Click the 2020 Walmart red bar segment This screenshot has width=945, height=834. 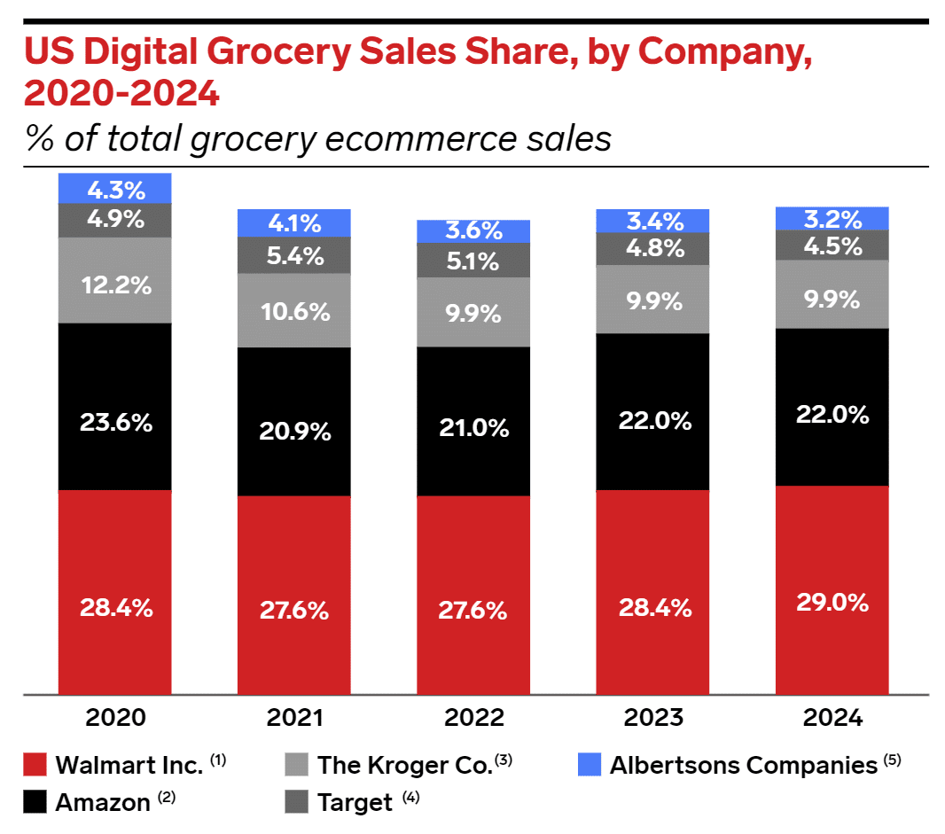point(114,591)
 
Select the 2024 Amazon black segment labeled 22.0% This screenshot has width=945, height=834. point(832,407)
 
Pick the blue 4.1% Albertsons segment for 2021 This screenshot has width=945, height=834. point(293,223)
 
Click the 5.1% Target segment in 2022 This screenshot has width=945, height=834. point(473,261)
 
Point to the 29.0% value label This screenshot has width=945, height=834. point(832,603)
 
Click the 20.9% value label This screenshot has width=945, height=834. point(293,432)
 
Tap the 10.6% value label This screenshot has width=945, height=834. point(293,311)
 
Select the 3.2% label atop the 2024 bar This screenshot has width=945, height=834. point(832,219)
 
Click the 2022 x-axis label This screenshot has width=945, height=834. point(473,718)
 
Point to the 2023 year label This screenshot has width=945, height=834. point(652,718)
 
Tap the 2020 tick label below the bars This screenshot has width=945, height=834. point(114,718)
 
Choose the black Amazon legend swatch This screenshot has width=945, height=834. point(35,802)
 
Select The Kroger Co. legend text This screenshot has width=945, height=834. point(403,765)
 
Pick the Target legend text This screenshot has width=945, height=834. point(354,802)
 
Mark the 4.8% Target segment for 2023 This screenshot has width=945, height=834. point(652,249)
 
